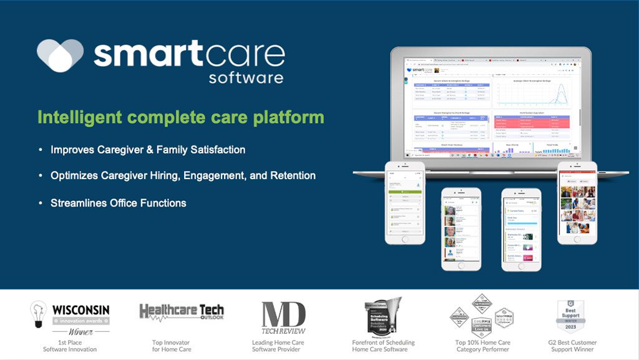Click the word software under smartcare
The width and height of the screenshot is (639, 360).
coord(246,78)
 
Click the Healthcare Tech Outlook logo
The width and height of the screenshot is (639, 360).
coord(181,311)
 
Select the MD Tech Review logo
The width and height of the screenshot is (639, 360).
coord(283,318)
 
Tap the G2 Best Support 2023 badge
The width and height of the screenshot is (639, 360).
coord(570,316)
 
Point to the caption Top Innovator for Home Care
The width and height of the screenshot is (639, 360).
coord(171,346)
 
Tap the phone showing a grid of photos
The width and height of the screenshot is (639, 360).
coord(577,203)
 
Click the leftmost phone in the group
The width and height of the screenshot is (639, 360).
coord(404,203)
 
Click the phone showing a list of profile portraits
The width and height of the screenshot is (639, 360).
coord(461,228)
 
